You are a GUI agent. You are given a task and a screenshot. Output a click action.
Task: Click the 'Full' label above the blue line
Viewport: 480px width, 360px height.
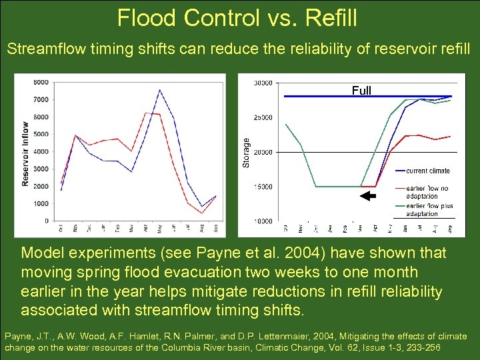[x=361, y=91]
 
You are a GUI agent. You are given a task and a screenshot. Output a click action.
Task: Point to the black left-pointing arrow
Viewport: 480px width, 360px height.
[x=367, y=196]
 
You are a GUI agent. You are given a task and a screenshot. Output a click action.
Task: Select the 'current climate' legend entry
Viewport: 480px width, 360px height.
[x=427, y=171]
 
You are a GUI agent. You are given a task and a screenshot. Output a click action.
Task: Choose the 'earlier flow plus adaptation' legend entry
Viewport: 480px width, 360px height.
[x=429, y=210]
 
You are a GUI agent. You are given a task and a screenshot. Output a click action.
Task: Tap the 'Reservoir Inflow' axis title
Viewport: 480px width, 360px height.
[x=25, y=153]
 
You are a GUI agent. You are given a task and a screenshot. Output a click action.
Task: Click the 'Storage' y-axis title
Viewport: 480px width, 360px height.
[x=246, y=153]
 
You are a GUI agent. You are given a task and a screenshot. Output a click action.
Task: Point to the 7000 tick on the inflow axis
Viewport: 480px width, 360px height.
[x=41, y=99]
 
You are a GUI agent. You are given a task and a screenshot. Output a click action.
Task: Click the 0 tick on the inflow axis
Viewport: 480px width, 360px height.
[x=45, y=221]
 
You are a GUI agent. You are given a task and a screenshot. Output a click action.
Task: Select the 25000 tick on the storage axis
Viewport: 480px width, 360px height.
[x=263, y=117]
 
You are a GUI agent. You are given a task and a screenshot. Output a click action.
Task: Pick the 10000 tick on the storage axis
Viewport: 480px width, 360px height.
[x=263, y=221]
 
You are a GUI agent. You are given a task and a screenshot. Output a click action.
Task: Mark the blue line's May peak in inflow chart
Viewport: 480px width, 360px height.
[x=159, y=90]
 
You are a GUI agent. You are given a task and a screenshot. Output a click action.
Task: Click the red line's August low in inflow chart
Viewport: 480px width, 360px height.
[x=201, y=213]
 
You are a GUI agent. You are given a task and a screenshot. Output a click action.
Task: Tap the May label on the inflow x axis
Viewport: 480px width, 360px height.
[x=159, y=229]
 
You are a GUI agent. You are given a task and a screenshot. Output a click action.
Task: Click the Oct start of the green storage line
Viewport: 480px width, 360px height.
[x=286, y=125]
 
